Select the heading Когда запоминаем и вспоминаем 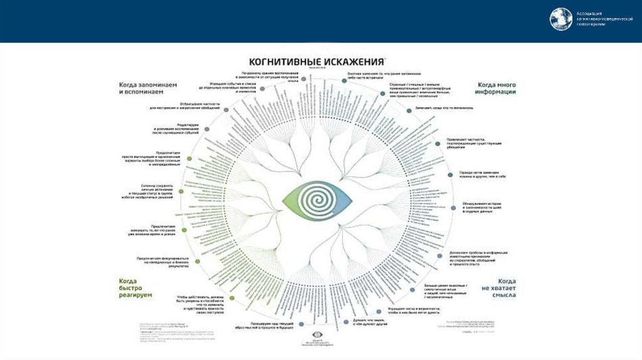pos(148,88)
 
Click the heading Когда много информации pos(497,88)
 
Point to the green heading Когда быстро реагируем pos(135,288)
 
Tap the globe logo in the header pos(561,19)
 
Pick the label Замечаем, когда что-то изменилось pos(444,108)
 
